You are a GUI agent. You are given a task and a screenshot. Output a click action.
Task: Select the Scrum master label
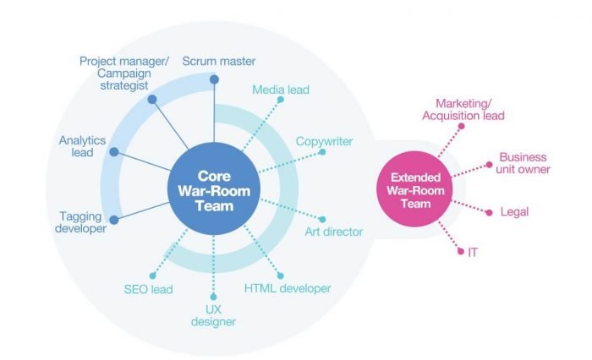[x=218, y=61]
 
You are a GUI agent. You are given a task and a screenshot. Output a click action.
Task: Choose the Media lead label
[x=282, y=89]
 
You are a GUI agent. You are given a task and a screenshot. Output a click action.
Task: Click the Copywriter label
[x=324, y=141]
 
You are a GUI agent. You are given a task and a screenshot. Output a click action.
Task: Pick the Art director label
[x=333, y=231]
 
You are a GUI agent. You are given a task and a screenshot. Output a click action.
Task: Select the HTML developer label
[x=287, y=289]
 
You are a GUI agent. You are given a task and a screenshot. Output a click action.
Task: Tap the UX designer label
[x=214, y=314]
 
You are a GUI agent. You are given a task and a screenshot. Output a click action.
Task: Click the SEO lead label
[x=148, y=289]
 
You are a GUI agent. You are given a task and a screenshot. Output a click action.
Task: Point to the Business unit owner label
[x=523, y=163]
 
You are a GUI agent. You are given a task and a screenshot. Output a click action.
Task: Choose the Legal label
[x=514, y=212]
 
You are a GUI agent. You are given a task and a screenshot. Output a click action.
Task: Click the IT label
[x=472, y=252]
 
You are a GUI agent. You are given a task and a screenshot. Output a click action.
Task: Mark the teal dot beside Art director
[x=321, y=219]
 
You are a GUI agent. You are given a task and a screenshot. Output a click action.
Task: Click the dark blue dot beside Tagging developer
[x=114, y=219]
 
